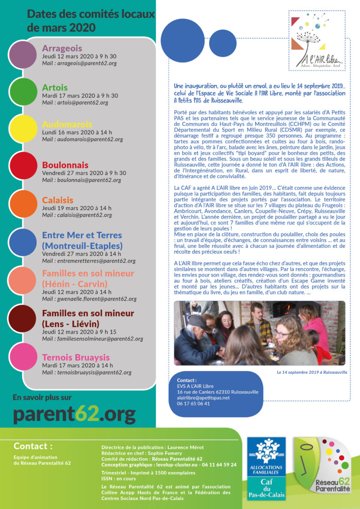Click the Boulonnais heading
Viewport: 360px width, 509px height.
tap(65, 165)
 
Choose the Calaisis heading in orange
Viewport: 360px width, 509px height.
tap(58, 200)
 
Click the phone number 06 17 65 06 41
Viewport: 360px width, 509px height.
tap(193, 403)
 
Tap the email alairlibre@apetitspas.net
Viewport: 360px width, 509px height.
tap(203, 397)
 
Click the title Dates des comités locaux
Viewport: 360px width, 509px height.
tap(90, 14)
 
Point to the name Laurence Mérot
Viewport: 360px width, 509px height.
tap(185, 447)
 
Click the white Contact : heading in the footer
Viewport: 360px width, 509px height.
tap(33, 446)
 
